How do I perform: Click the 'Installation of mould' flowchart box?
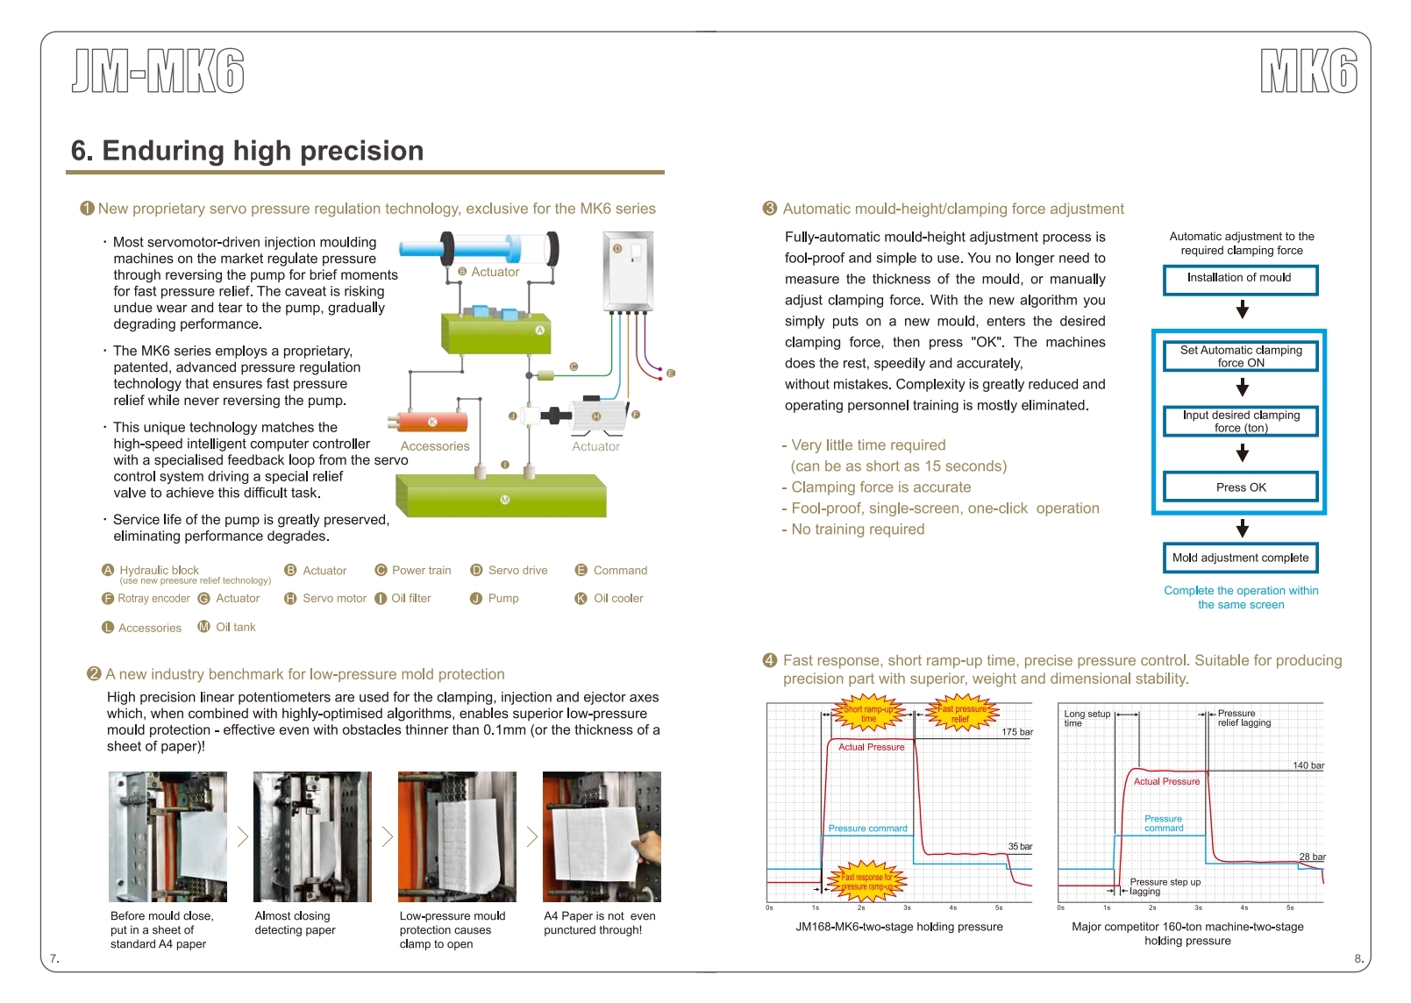(1240, 279)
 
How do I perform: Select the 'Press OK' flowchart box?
(1240, 487)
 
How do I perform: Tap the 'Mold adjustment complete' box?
(1240, 558)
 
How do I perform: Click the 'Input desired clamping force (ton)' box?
(1240, 421)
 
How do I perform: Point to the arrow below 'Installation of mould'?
(1242, 309)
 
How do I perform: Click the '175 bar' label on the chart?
(1016, 732)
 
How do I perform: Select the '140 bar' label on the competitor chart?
(1308, 765)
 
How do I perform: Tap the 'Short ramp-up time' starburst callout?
(868, 714)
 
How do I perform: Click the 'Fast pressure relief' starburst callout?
(961, 714)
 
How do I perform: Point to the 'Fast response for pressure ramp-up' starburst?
(866, 881)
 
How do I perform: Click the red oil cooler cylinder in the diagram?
(432, 422)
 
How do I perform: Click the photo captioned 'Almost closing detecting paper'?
(312, 836)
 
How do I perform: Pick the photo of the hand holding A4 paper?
(602, 836)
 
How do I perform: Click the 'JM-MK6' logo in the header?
(158, 71)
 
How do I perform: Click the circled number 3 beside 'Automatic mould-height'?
(770, 209)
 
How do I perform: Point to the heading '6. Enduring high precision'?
(247, 151)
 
